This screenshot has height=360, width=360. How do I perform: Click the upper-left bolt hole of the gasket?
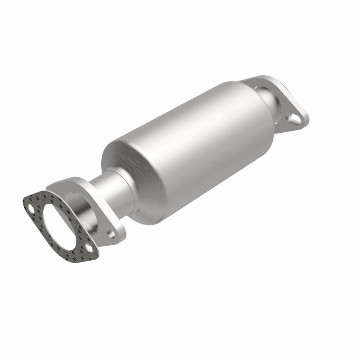[x=31, y=208]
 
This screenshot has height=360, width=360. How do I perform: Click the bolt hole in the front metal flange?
[x=110, y=233]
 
